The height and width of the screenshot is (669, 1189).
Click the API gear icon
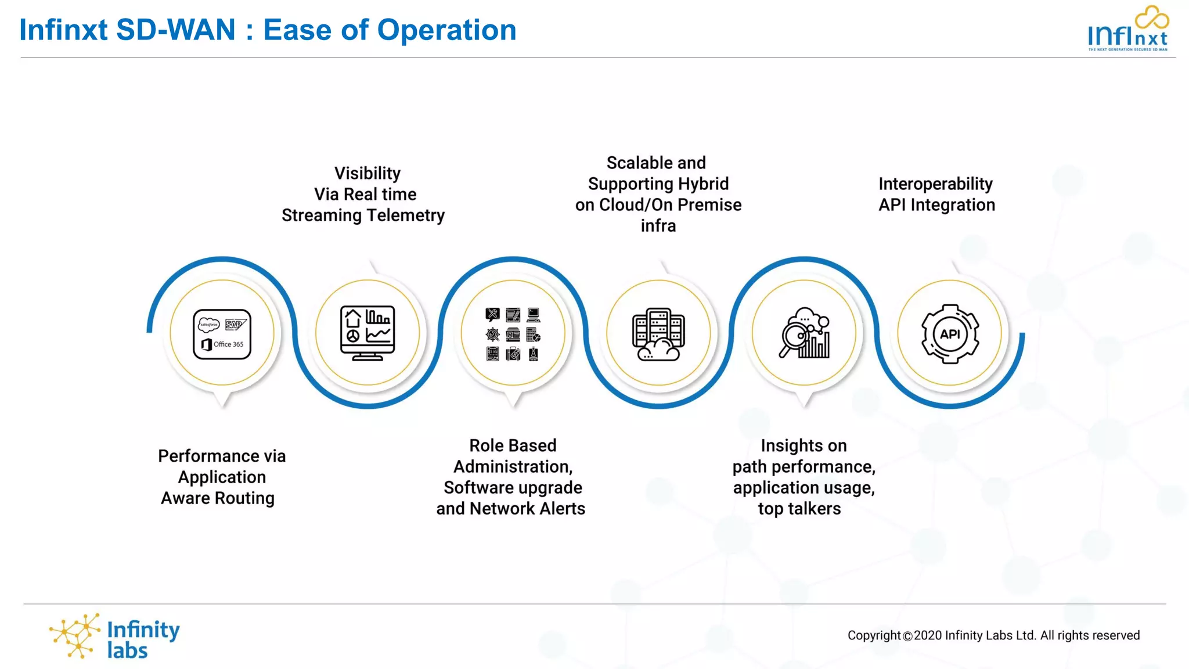tap(950, 334)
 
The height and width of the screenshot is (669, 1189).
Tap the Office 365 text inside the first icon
tap(228, 344)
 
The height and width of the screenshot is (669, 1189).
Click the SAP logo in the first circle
tap(235, 324)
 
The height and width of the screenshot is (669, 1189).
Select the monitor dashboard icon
tap(367, 333)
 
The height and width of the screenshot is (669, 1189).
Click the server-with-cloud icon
tap(658, 334)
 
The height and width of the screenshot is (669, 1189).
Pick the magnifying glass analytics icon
tap(804, 333)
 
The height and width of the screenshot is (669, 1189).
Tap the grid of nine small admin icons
tap(513, 334)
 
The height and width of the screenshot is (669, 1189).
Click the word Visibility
tap(367, 173)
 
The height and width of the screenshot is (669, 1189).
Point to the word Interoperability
tap(935, 184)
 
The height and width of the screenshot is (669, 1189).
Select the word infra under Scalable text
tap(658, 226)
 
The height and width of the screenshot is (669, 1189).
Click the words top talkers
tap(799, 509)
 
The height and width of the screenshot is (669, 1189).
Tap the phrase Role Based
tap(513, 445)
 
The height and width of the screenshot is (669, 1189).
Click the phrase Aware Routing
tap(218, 498)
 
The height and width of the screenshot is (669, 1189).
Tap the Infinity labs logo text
tap(143, 639)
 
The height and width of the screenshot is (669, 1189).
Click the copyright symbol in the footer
tap(907, 636)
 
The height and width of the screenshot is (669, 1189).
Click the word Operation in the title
tap(446, 30)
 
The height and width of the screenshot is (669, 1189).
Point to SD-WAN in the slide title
tap(176, 30)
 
